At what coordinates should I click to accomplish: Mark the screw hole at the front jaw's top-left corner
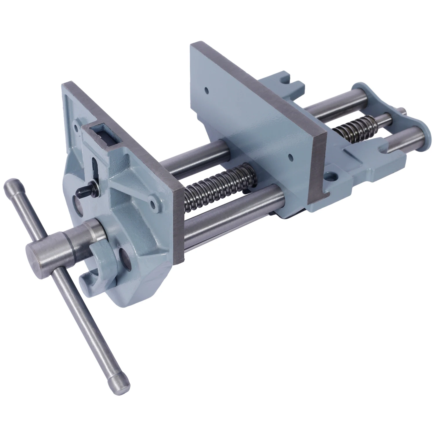pyautogui.click(x=76, y=127)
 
